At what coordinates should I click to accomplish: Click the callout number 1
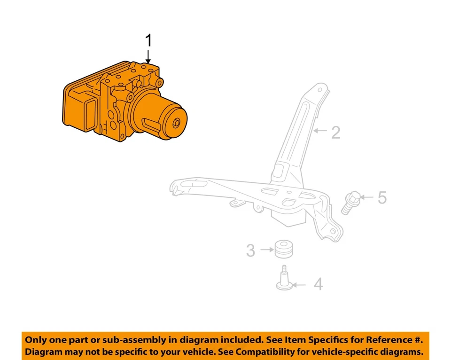(x=148, y=41)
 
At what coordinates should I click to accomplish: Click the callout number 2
(x=335, y=133)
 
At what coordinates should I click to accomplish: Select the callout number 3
(x=251, y=250)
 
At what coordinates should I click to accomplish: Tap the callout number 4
(x=318, y=284)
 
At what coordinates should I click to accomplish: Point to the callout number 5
(x=382, y=197)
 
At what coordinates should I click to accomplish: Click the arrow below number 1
(x=148, y=57)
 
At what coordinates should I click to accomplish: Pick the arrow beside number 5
(x=367, y=197)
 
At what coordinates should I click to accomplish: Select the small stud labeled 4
(x=284, y=280)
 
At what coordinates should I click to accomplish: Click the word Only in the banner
(x=36, y=339)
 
